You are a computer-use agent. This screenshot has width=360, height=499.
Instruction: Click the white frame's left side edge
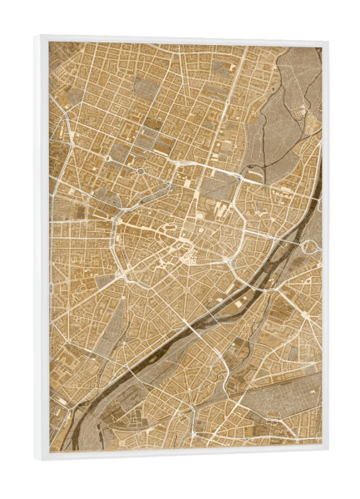(x=40, y=249)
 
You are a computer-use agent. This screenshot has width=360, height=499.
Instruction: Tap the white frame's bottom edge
(x=183, y=456)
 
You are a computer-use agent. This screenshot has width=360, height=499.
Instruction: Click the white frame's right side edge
(x=325, y=249)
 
